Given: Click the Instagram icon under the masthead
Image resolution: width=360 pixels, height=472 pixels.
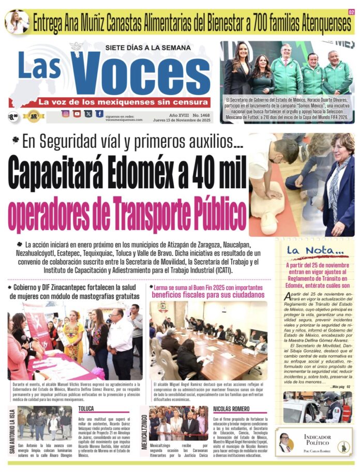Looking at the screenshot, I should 66,114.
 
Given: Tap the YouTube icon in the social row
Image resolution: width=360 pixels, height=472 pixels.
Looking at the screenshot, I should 77,114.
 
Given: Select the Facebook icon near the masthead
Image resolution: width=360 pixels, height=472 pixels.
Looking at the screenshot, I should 99,114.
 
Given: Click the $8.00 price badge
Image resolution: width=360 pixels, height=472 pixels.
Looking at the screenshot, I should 13,117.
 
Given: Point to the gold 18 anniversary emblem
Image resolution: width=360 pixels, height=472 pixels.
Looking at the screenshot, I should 34,116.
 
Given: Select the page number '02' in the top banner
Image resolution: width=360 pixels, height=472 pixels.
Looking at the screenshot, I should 351,12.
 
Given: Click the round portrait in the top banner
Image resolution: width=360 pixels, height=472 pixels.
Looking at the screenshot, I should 17,22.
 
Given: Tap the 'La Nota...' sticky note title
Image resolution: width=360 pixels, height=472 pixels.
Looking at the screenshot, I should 309,251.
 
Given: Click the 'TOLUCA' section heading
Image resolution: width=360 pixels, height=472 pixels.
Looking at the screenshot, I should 86,408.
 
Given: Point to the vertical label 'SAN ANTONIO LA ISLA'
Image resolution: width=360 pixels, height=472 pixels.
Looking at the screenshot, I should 12,432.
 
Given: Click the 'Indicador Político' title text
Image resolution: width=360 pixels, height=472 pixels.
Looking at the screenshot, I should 321,440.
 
